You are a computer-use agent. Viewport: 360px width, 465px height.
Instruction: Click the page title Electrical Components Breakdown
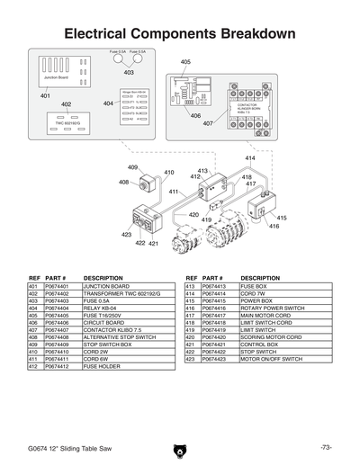(180, 34)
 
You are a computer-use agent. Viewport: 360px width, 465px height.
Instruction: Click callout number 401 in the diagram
(45, 94)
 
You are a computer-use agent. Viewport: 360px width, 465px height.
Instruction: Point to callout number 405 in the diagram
(185, 62)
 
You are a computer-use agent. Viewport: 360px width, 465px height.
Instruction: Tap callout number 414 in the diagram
(249, 158)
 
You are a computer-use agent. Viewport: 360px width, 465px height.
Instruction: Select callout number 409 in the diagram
(132, 167)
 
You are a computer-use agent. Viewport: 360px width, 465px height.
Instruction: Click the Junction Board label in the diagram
(57, 78)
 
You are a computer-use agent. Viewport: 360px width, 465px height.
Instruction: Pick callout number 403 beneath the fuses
(129, 72)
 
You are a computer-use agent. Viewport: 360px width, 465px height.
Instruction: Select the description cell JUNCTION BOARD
(108, 286)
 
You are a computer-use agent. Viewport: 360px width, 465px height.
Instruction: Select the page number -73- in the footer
(325, 447)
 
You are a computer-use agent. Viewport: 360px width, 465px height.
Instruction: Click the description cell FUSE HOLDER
(104, 367)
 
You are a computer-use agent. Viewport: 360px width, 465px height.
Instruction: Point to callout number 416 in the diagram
(274, 227)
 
